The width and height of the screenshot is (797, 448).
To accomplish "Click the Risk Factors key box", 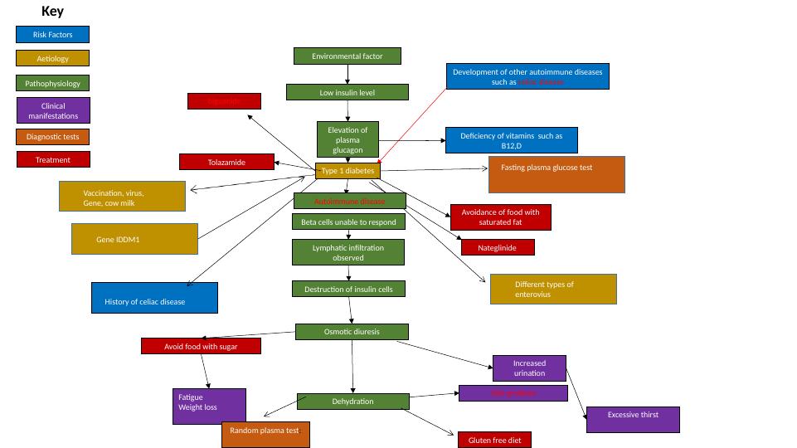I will pyautogui.click(x=52, y=35).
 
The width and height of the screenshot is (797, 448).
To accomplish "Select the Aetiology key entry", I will pyautogui.click(x=52, y=59).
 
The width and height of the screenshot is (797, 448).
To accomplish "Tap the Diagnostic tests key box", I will pyautogui.click(x=52, y=137).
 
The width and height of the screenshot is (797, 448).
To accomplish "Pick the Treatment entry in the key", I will pyautogui.click(x=52, y=159).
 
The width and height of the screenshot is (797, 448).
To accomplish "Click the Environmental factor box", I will pyautogui.click(x=347, y=56).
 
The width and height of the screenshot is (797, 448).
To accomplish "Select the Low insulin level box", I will pyautogui.click(x=347, y=93).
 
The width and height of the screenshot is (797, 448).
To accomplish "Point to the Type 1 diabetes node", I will pyautogui.click(x=347, y=171).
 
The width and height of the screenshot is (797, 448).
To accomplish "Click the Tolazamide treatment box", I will pyautogui.click(x=226, y=163).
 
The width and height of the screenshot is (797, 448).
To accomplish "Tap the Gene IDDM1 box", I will pyautogui.click(x=134, y=239).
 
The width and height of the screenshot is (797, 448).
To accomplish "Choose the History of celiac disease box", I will pyautogui.click(x=154, y=298).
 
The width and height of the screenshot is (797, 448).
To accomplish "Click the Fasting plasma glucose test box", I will pyautogui.click(x=556, y=174).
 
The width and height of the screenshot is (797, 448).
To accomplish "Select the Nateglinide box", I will pyautogui.click(x=498, y=247).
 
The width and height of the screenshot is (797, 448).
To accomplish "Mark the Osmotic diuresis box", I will pyautogui.click(x=352, y=332).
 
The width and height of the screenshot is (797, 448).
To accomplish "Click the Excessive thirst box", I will pyautogui.click(x=633, y=419).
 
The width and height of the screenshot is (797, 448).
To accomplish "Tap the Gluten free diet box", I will pyautogui.click(x=494, y=440).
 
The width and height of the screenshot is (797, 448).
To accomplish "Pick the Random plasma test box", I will pyautogui.click(x=265, y=435).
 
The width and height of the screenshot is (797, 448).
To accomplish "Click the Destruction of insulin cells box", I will pyautogui.click(x=348, y=289).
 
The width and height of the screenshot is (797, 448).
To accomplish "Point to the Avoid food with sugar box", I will pyautogui.click(x=201, y=346).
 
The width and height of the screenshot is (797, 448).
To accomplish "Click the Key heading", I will pyautogui.click(x=52, y=12).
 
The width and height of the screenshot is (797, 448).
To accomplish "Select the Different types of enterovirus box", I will pyautogui.click(x=553, y=290).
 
